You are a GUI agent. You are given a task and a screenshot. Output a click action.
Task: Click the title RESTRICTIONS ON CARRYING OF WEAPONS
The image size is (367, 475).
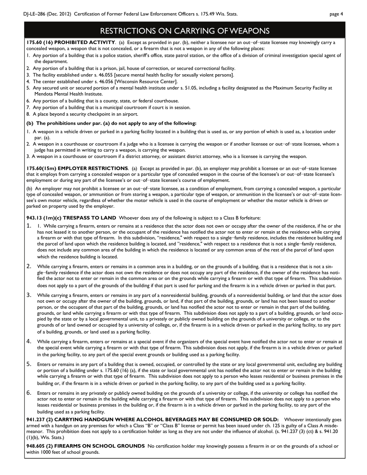(x=185, y=31)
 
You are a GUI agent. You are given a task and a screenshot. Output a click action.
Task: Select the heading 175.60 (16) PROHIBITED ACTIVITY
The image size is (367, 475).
(x=71, y=42)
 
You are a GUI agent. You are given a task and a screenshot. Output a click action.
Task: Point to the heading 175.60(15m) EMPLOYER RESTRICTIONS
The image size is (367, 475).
(x=77, y=168)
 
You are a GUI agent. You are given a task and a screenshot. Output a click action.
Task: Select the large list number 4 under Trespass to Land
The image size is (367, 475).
(x=29, y=341)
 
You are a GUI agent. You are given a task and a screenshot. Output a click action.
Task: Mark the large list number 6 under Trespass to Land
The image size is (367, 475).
(x=29, y=393)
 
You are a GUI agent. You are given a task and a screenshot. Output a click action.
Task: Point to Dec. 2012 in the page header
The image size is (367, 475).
(x=60, y=14)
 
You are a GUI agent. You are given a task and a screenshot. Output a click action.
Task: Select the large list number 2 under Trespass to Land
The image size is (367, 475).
(x=29, y=266)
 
